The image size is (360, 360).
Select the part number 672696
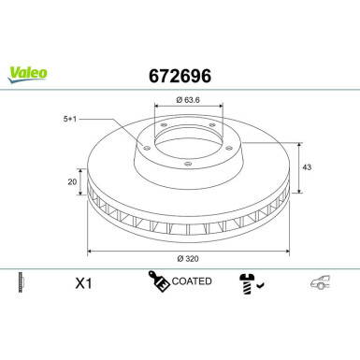tap(180, 75)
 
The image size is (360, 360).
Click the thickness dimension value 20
tap(72, 183)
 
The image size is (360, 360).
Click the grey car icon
tap(320, 281)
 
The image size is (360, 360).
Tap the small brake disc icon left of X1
tap(22, 281)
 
